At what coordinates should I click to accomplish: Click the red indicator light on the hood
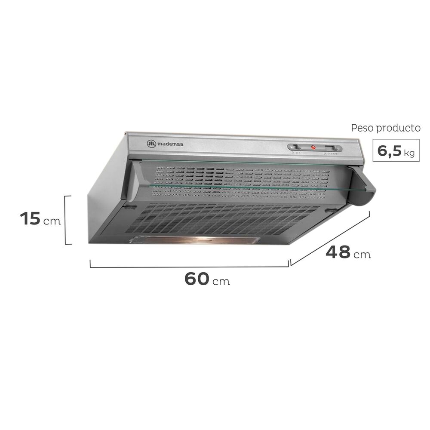pos(313,147)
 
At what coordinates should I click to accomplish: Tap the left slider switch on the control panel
pos(297,147)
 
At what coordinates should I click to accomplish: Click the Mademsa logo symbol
pos(151,144)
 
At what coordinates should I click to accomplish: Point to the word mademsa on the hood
pos(170,144)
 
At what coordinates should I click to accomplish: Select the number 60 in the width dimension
pos(197,279)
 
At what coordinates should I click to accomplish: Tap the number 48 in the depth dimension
pos(338,252)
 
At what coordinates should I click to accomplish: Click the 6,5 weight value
pos(388,151)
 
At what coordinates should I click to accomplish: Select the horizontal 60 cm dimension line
pos(189,267)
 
